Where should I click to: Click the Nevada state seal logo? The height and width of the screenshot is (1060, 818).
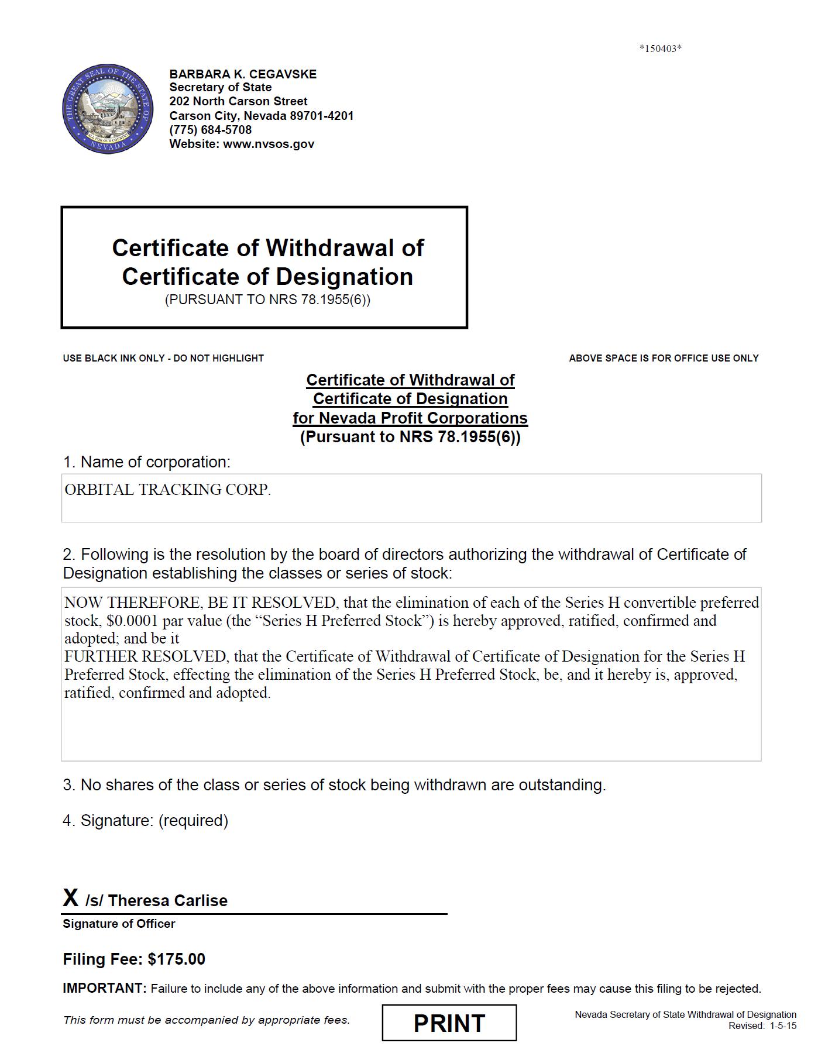click(x=108, y=109)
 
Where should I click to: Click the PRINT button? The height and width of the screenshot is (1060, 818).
click(x=449, y=1023)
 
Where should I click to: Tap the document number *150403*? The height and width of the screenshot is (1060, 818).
click(x=660, y=49)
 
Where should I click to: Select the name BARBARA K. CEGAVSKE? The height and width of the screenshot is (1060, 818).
click(x=243, y=74)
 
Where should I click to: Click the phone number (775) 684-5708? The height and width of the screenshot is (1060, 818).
click(x=211, y=130)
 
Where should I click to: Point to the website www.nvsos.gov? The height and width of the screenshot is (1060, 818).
click(x=269, y=144)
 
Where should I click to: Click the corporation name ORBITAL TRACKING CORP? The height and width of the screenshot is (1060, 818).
click(x=167, y=490)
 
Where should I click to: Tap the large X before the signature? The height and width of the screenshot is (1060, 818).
click(x=71, y=897)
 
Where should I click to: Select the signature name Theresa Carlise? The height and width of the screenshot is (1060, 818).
click(x=167, y=900)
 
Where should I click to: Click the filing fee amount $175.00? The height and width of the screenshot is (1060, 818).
click(x=176, y=959)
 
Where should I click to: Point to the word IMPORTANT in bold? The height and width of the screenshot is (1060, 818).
click(x=104, y=988)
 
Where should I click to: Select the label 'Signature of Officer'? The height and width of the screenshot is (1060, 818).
click(x=119, y=924)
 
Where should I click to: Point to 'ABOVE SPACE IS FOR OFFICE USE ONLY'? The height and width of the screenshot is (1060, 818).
click(x=664, y=358)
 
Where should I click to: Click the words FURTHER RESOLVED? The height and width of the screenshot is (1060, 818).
click(x=145, y=656)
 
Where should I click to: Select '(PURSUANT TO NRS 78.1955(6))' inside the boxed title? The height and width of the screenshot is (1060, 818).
click(x=267, y=300)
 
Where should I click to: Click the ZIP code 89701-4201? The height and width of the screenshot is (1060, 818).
click(x=322, y=116)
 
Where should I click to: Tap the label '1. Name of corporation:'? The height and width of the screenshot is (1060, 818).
click(x=147, y=462)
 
